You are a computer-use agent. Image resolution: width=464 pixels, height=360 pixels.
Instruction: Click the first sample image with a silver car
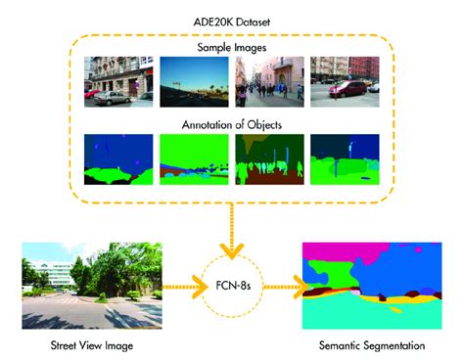pyautogui.click(x=118, y=80)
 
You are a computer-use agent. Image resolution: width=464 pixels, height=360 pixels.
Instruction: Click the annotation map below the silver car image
pyautogui.click(x=118, y=158)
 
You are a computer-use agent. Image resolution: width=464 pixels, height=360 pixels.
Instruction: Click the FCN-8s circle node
pyautogui.click(x=231, y=288)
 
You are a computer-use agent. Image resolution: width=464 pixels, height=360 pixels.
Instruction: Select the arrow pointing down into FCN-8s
pyautogui.click(x=231, y=231)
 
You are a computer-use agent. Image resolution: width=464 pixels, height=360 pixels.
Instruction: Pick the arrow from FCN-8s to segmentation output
pyautogui.click(x=282, y=289)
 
